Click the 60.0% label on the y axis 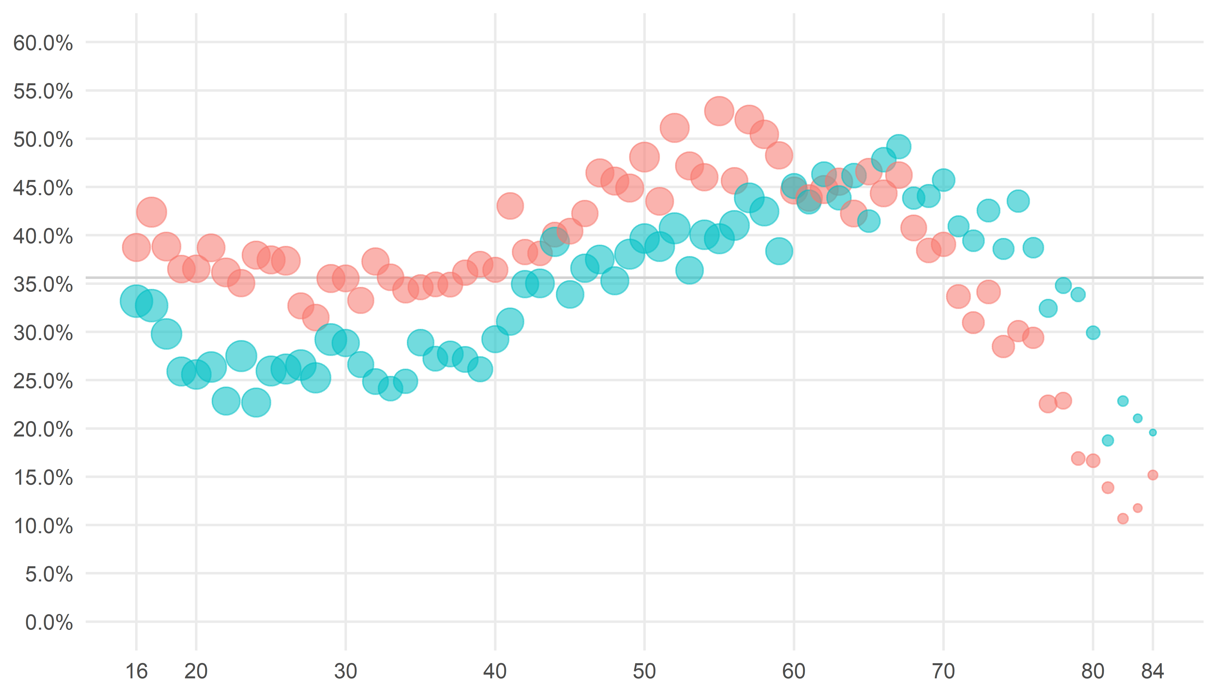pos(43,43)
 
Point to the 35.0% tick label pos(43,285)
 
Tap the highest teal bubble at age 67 pos(898,146)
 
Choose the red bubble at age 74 pos(1003,346)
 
